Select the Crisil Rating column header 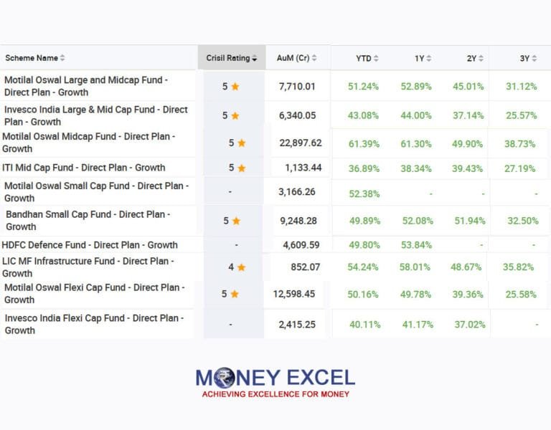tap(228, 58)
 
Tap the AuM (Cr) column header tap(293, 58)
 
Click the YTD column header tap(364, 58)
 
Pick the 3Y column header tap(524, 58)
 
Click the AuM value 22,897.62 tap(301, 143)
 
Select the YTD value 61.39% tap(364, 143)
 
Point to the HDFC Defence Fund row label tap(90, 245)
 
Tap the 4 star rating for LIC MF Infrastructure tap(235, 267)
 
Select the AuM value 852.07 tap(305, 267)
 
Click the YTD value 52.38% tap(364, 193)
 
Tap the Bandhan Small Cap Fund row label tap(88, 220)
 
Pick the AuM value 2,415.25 tap(297, 325)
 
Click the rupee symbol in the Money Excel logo tap(224, 378)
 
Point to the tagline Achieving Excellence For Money tap(275, 394)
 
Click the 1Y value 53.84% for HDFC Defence tap(415, 245)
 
